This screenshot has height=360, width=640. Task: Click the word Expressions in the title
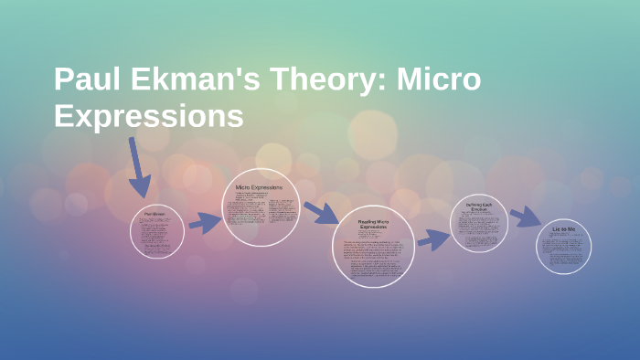149,117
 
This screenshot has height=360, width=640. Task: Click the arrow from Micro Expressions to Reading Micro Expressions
321,213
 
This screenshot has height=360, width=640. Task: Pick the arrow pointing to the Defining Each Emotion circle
433,239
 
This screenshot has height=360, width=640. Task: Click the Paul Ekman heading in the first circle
157,215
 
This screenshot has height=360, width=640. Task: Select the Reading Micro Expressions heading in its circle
373,225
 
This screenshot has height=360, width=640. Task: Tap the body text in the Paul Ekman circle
157,236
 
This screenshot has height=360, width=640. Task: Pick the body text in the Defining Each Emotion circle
479,230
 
